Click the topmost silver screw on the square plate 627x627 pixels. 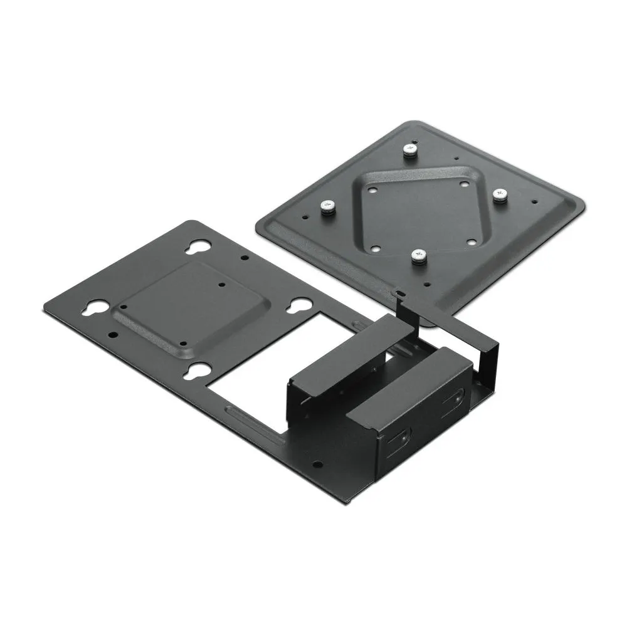pos(409,150)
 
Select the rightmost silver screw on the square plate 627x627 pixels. pos(500,195)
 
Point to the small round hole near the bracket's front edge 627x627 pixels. pos(317,465)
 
